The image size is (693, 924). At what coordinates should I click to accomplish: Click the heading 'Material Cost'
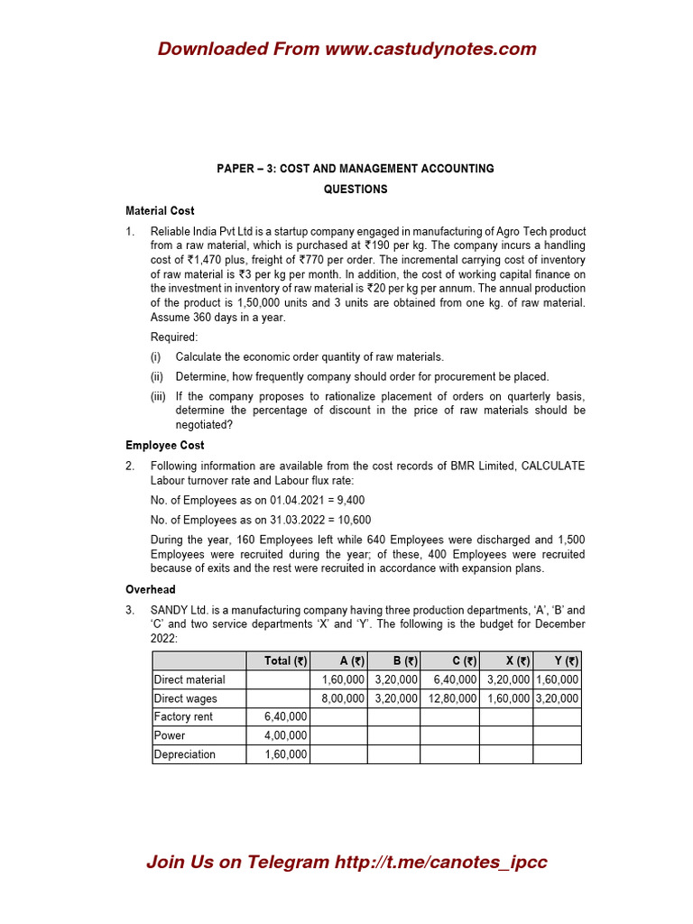pos(160,210)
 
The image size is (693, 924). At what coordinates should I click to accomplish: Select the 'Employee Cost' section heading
pos(164,445)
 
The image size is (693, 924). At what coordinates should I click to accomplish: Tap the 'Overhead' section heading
pos(150,589)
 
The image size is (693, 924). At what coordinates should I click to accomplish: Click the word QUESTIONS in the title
pos(356,189)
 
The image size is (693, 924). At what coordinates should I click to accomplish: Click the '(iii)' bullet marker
pos(159,397)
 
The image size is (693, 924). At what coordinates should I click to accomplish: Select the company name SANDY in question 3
pos(171,610)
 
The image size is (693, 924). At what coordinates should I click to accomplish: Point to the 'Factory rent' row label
pos(183,716)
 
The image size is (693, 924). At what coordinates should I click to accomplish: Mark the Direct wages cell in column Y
pos(557,698)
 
